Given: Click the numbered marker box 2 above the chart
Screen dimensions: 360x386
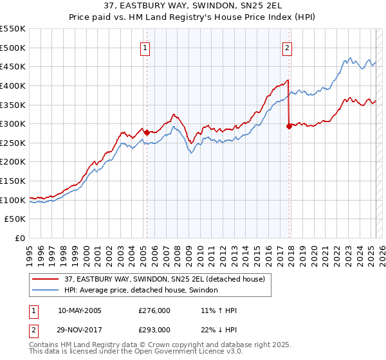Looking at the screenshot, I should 287,47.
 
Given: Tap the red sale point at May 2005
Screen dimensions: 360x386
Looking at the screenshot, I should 147,132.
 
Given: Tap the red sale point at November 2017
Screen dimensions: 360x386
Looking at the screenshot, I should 289,126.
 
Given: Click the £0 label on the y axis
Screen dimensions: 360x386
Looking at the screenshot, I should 20,238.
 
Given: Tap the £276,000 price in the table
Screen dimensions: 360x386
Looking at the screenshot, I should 154,310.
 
